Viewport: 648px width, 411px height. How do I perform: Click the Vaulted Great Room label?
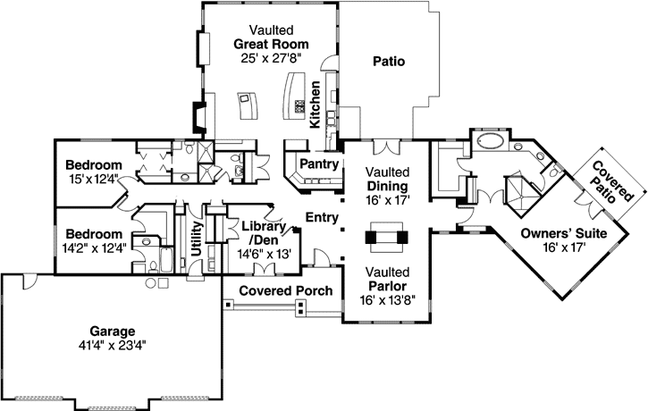(x=272, y=43)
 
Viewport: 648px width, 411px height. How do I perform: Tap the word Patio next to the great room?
(x=388, y=63)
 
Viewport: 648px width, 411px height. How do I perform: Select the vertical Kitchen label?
(x=315, y=105)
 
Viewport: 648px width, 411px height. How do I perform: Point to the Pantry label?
(x=317, y=164)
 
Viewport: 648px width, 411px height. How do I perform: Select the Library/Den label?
(x=263, y=233)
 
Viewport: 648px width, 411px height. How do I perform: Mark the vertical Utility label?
(x=196, y=239)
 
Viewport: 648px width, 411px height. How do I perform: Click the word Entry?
(x=321, y=217)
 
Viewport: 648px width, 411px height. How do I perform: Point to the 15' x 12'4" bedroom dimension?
(x=93, y=180)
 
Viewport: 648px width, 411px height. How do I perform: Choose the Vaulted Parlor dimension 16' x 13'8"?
(x=387, y=299)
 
